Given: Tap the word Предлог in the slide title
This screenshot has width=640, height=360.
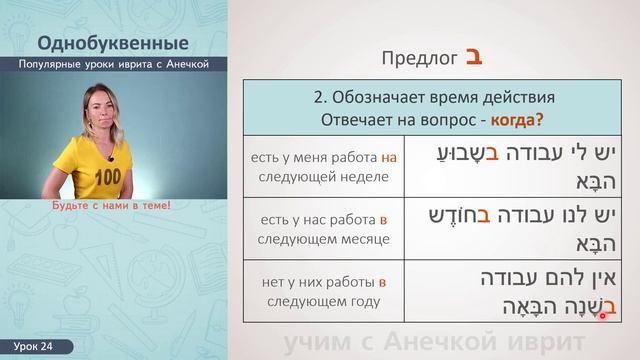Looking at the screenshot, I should pyautogui.click(x=420, y=58).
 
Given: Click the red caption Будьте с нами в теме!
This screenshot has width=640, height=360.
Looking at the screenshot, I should pyautogui.click(x=111, y=205).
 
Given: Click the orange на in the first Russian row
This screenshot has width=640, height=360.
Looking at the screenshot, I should pyautogui.click(x=390, y=157).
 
